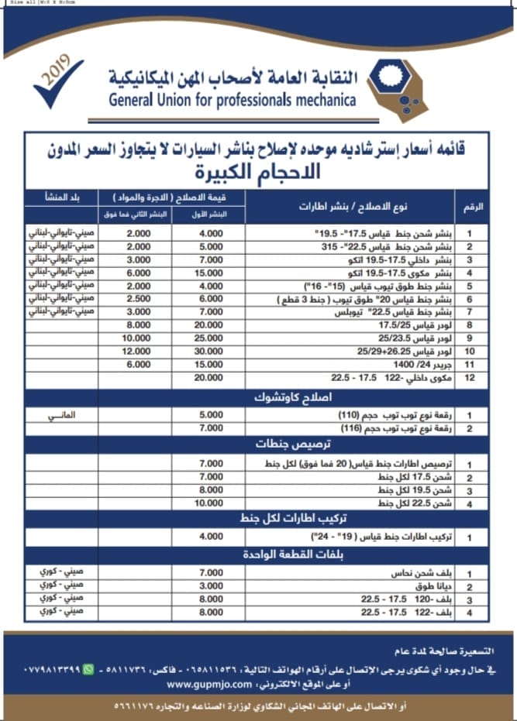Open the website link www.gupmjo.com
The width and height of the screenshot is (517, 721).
coord(208,685)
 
